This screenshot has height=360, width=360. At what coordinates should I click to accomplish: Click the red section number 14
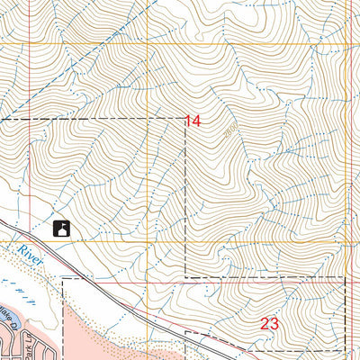193,121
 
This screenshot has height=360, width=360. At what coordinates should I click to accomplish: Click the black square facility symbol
62,229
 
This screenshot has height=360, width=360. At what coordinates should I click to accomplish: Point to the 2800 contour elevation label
231,131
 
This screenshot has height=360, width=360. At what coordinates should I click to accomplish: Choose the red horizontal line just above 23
270,283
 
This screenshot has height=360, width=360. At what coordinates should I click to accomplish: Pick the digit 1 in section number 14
188,121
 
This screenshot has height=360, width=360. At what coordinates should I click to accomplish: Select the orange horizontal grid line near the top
180,43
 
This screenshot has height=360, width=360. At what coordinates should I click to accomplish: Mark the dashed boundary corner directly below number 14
185,276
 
